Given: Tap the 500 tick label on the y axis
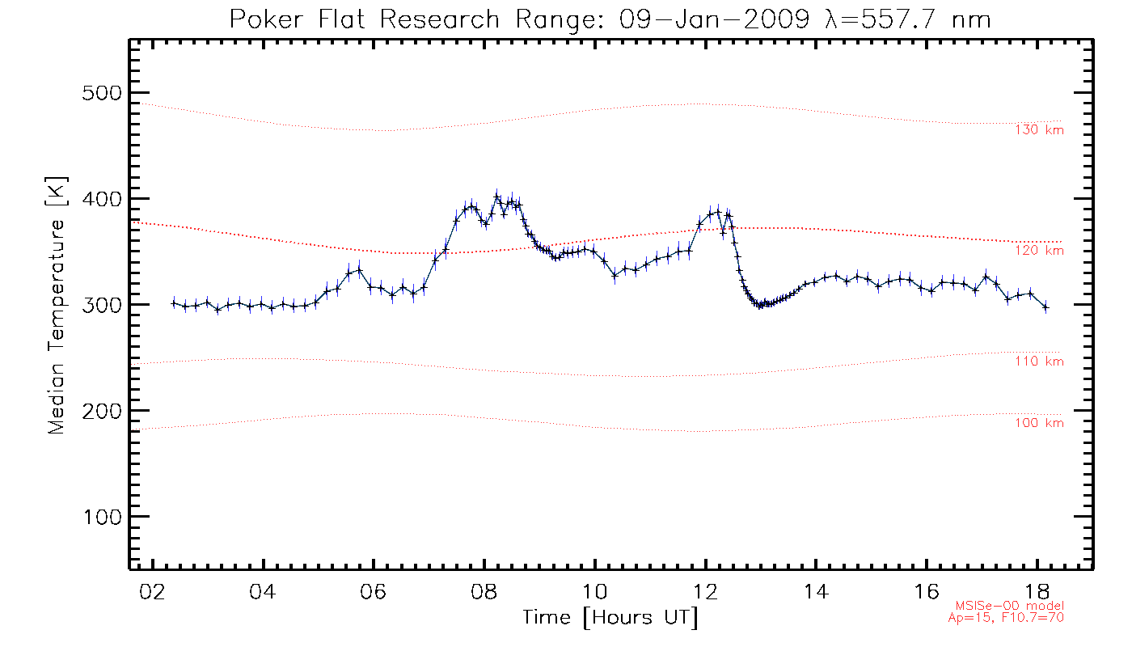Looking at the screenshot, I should (x=102, y=93).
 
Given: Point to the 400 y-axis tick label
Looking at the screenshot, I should (x=102, y=199).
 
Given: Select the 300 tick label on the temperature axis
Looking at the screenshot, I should (x=102, y=305).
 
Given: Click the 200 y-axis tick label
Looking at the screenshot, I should (x=102, y=411).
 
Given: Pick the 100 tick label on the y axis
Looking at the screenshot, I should (x=102, y=517).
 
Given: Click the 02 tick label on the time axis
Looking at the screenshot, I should (x=151, y=592).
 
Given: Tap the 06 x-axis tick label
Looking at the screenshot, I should (x=374, y=592).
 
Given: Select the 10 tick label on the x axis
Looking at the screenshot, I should (x=595, y=592).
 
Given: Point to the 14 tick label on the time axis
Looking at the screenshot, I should (x=817, y=592).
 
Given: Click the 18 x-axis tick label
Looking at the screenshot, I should (x=1039, y=592).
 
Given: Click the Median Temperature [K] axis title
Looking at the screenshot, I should (x=56, y=305).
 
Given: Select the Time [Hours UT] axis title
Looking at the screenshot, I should (x=610, y=618).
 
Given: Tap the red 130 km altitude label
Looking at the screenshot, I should (x=1039, y=130).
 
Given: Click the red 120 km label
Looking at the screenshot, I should (x=1039, y=251).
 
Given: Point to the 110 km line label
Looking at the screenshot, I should (x=1039, y=362).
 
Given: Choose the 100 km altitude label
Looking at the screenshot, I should (x=1039, y=423).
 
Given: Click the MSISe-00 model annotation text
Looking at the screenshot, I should (x=1010, y=607).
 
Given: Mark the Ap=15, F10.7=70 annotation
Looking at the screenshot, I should (x=1006, y=618).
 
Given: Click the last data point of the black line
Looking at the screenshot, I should (x=1045, y=307).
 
